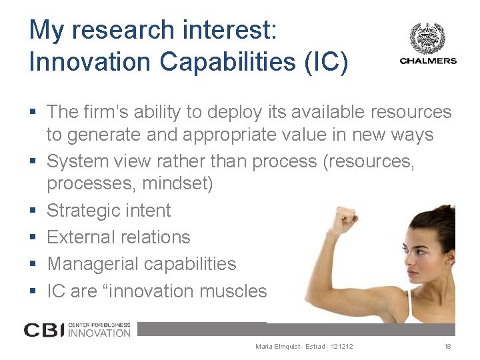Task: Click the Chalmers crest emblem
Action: [x=427, y=38]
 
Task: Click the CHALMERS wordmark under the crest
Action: [x=427, y=61]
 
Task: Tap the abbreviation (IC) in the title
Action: [x=325, y=61]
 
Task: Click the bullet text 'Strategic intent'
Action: [x=109, y=211]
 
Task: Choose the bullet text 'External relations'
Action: [x=119, y=237]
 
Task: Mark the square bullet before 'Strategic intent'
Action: [x=33, y=211]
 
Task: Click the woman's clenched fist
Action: [x=347, y=217]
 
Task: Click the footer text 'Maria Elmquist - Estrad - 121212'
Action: [x=304, y=347]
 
